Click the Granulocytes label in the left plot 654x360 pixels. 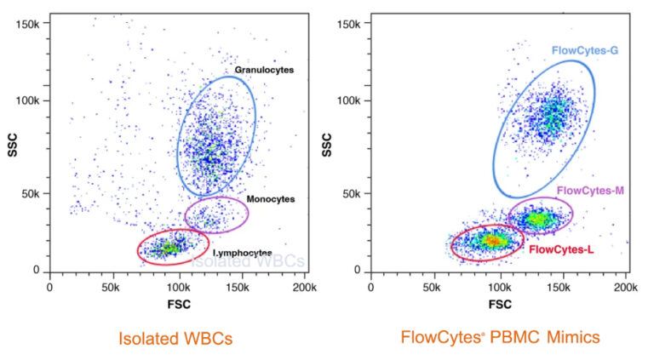coord(264,70)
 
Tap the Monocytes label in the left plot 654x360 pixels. coord(270,199)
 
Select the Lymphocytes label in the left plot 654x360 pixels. coord(243,253)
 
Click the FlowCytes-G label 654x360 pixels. coord(584,51)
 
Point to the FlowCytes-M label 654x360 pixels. coord(590,190)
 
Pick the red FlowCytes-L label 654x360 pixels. coord(562,249)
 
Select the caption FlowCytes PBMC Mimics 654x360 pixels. coord(500,338)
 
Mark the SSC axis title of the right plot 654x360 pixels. coord(329,147)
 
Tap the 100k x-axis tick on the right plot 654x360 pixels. coord(500,288)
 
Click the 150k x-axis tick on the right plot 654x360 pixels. coord(564,288)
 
